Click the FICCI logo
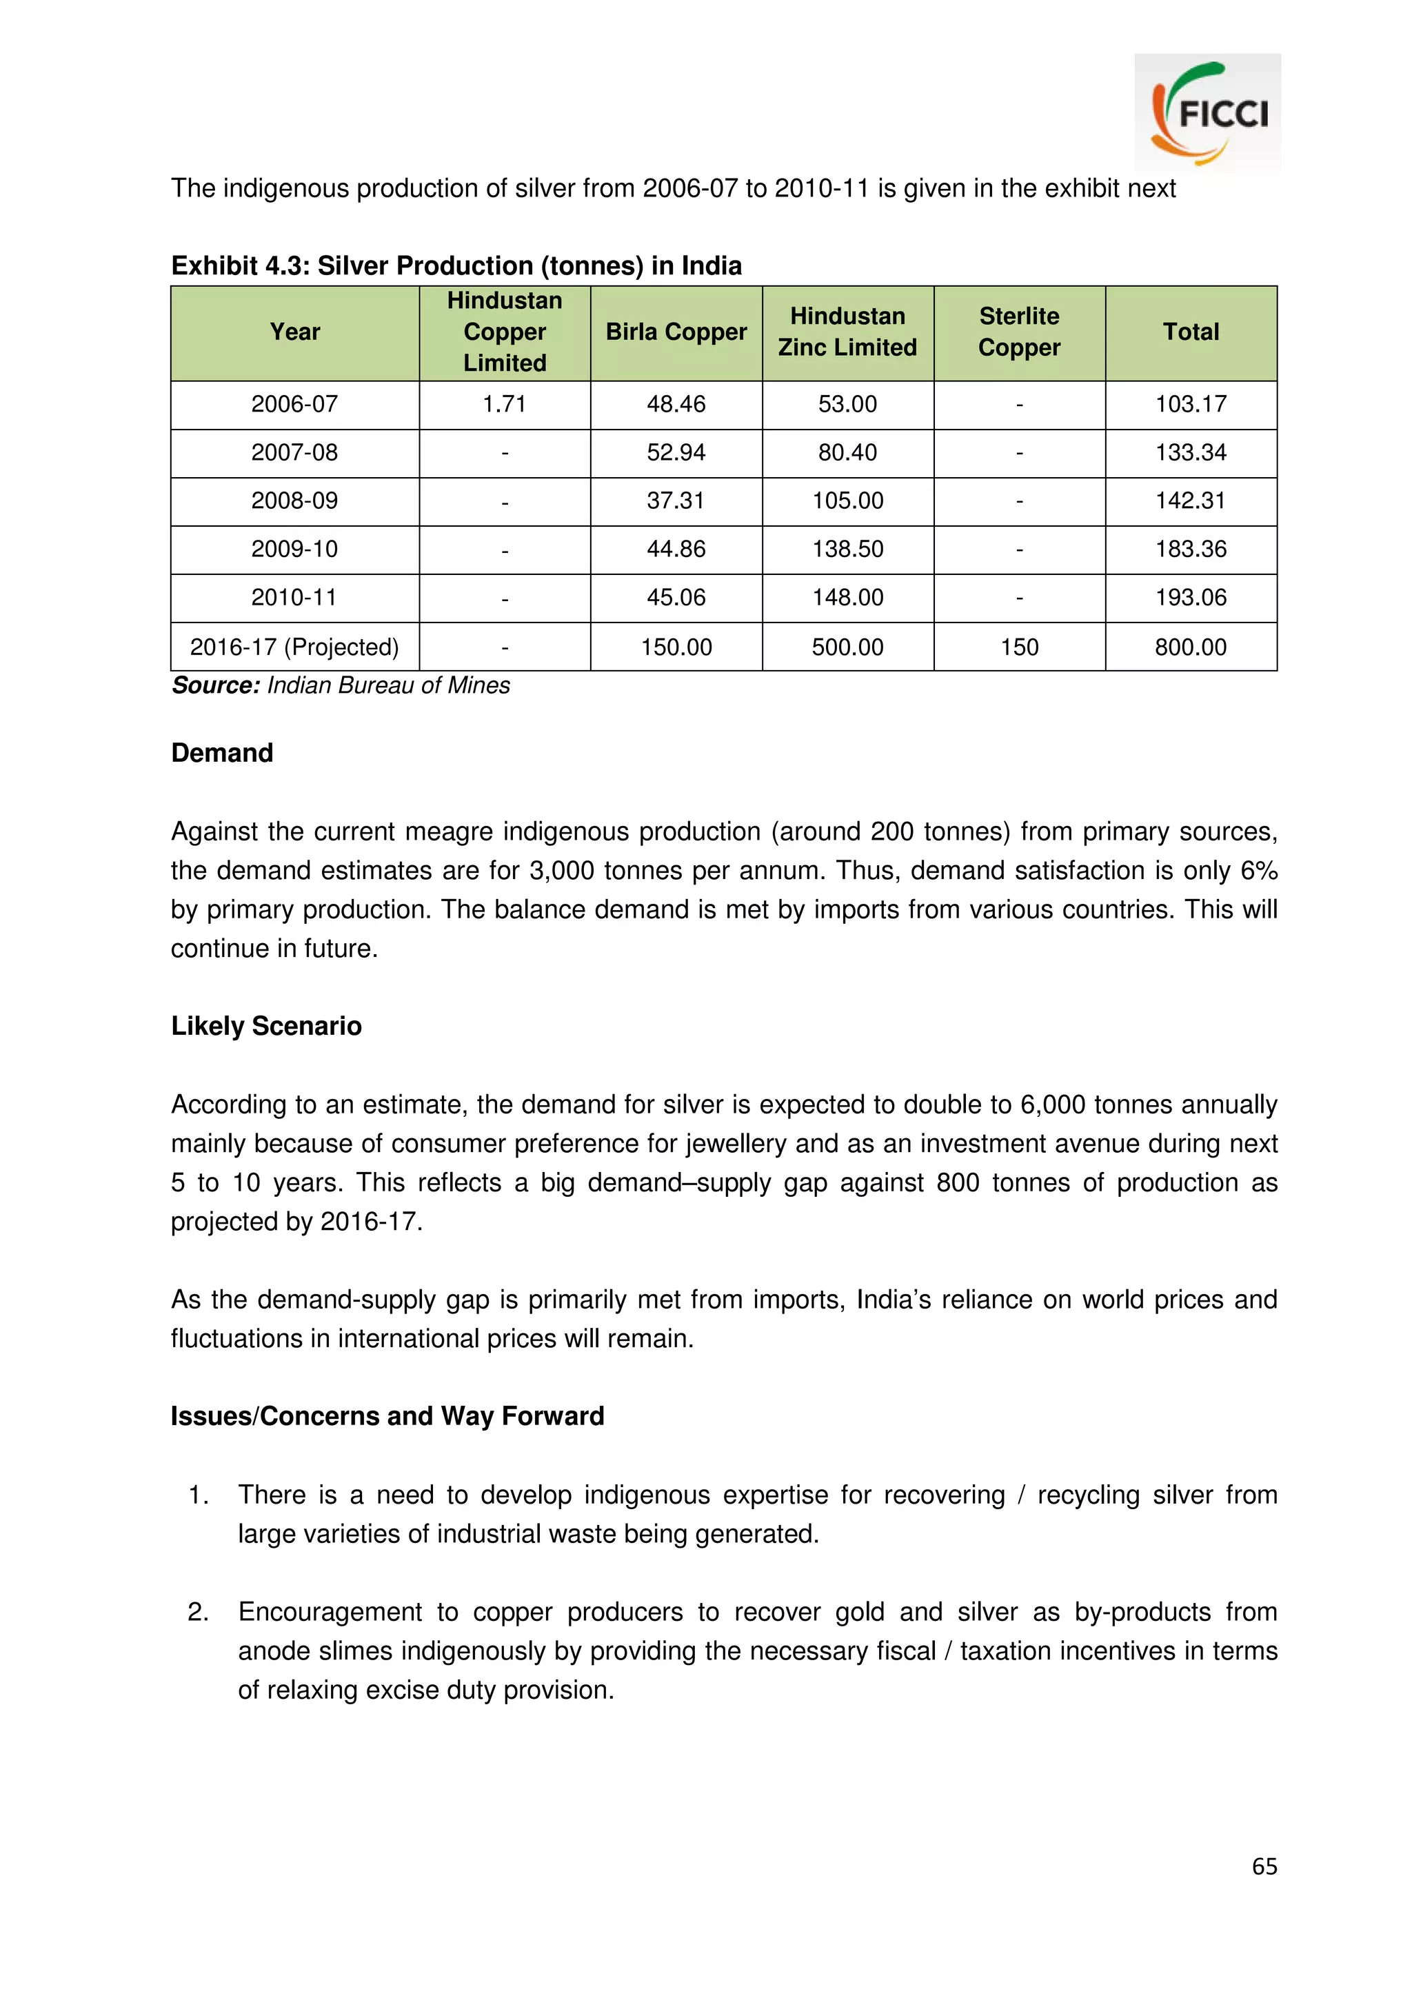tap(1207, 112)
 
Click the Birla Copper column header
tap(676, 332)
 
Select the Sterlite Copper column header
tap(1019, 332)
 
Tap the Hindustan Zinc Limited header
tap(847, 332)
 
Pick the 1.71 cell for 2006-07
tap(505, 405)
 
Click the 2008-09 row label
tap(294, 501)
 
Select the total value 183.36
tap(1190, 549)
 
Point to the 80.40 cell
tap(847, 452)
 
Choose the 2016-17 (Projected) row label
tap(294, 647)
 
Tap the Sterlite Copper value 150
tap(1019, 647)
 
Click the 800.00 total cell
tap(1190, 647)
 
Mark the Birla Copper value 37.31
tap(676, 501)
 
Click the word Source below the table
tap(216, 686)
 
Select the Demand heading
tap(222, 753)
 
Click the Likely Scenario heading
tap(266, 1026)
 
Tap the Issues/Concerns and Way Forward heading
tap(387, 1416)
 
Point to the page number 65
tap(1264, 1866)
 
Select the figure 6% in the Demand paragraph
tap(1258, 870)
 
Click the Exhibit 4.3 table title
tap(456, 265)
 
